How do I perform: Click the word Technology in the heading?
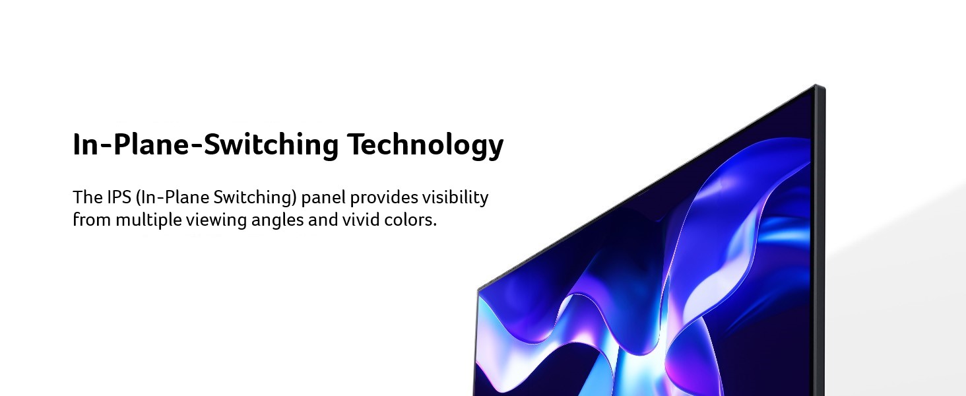pos(425,146)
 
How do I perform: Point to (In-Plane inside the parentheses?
pos(172,197)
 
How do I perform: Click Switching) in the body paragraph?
pos(255,198)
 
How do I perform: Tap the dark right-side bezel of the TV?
pos(818,242)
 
